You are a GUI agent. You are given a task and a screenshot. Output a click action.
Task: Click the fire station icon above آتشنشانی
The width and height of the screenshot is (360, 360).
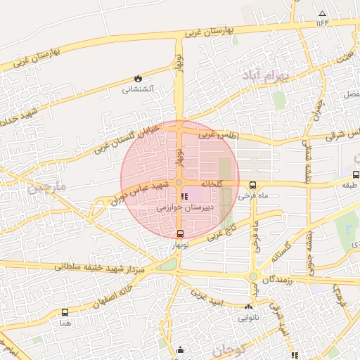pos(138,79)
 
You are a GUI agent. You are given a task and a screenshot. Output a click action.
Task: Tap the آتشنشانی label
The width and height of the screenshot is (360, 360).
pos(138,89)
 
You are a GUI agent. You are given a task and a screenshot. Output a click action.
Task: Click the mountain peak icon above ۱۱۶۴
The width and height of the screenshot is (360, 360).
pos(322,13)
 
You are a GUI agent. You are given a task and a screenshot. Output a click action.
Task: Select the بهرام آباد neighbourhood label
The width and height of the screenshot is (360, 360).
pos(266,78)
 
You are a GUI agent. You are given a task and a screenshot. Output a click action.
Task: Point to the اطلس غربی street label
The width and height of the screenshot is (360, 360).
pos(219,133)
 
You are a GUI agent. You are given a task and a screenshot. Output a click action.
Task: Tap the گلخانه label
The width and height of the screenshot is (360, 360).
pos(211,184)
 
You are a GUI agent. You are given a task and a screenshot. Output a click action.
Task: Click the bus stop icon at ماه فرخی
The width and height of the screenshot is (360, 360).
pos(252,185)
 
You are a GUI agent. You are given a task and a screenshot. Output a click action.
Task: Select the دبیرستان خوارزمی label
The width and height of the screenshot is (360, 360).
pos(182,208)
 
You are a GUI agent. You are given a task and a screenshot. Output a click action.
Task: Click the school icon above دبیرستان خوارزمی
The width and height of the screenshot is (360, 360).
pos(184,196)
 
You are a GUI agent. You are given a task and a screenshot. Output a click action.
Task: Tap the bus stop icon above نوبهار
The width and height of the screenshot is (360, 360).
pos(181,234)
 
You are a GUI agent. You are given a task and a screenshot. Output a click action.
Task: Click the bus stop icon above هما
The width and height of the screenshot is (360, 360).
pos(65,312)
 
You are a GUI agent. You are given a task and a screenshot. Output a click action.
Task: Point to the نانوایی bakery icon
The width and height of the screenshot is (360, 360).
pos(248,307)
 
